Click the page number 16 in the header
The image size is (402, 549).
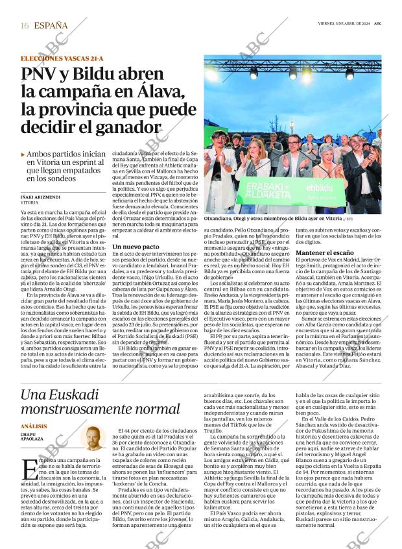(25, 25)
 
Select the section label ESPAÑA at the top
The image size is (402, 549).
(51, 25)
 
